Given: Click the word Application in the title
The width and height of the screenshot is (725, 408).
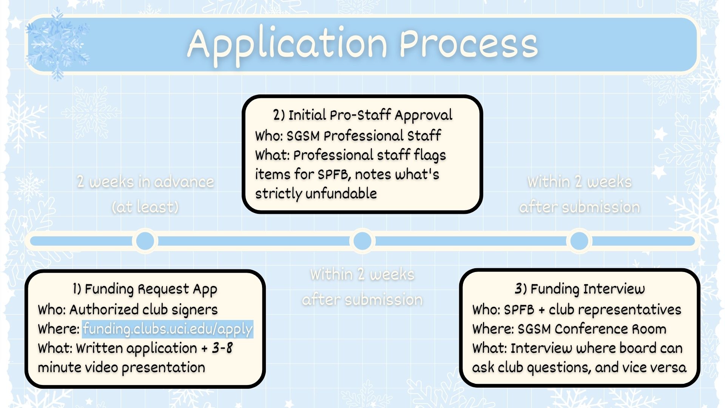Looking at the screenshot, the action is [x=287, y=44].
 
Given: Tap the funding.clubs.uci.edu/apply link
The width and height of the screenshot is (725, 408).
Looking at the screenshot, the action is [x=168, y=329].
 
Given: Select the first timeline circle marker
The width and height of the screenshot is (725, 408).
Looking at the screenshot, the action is [x=145, y=241].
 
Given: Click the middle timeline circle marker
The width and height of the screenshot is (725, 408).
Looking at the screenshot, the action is [x=362, y=241].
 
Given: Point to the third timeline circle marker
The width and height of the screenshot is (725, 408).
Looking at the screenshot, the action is [x=579, y=241].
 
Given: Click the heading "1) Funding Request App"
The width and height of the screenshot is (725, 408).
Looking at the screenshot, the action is [x=145, y=289].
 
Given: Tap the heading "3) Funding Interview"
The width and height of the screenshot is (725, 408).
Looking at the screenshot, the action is [x=580, y=289].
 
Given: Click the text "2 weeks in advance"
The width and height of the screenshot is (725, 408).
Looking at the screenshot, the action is [x=145, y=182].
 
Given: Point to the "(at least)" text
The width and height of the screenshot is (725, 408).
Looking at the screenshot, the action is [x=145, y=207].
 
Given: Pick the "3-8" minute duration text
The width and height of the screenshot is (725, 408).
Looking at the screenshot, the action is [x=222, y=348].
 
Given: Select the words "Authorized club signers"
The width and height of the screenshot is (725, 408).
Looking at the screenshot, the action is [x=143, y=310].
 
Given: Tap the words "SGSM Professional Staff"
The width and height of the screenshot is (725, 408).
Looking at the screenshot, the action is [x=363, y=136].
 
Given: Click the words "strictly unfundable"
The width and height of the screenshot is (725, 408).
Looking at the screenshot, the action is [x=316, y=194].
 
